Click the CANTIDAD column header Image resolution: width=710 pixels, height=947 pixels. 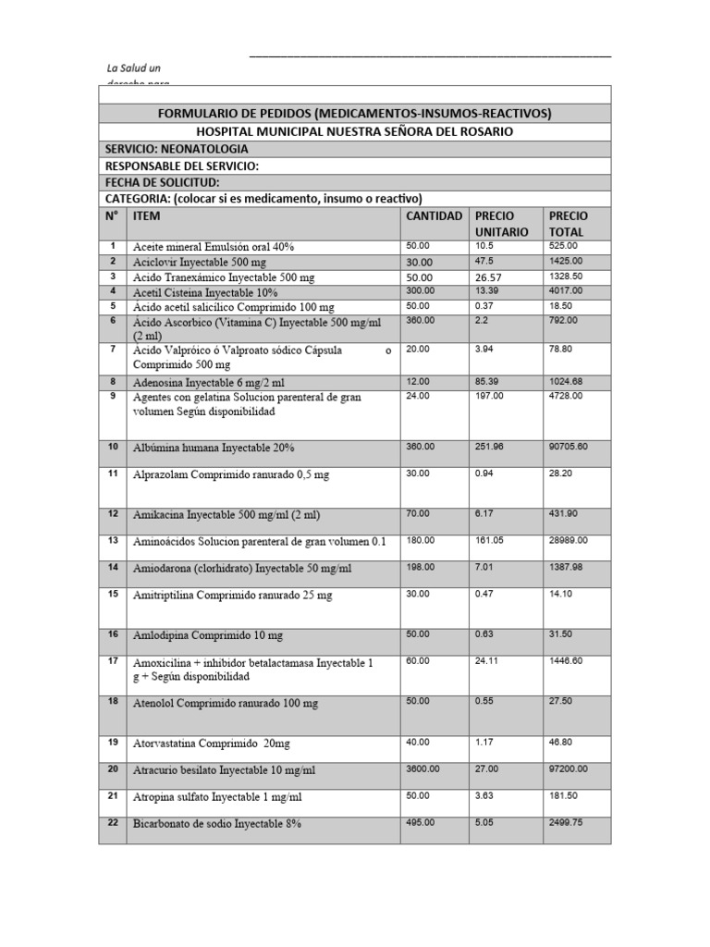434,215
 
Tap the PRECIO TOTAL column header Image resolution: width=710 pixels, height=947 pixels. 568,223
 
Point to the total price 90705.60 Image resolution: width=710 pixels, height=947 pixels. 574,447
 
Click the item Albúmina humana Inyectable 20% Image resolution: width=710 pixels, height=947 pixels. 214,448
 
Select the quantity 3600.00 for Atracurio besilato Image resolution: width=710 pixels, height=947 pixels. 424,769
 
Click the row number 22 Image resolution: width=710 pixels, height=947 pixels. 113,821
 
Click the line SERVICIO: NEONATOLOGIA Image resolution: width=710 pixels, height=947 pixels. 177,149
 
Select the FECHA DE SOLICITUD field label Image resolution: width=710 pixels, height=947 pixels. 162,182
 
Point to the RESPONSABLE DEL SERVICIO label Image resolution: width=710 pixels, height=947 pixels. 181,166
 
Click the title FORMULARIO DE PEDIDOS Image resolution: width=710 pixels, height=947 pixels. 355,114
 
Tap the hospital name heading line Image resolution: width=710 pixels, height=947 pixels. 355,132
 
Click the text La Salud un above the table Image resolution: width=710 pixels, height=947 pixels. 134,68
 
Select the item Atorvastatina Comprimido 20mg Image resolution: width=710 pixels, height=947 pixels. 212,743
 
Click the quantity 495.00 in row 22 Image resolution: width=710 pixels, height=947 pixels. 422,821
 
